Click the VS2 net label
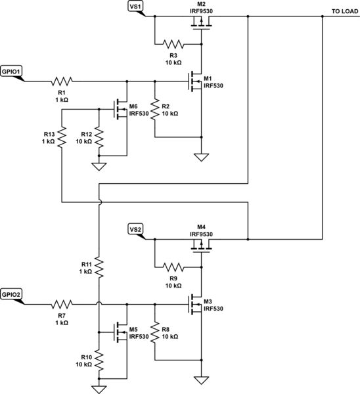(x=135, y=229)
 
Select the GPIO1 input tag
(x=12, y=72)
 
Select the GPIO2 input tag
(x=12, y=294)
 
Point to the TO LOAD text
(x=344, y=12)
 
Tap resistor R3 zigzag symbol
(x=174, y=45)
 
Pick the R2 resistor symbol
(x=154, y=110)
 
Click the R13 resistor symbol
(x=61, y=137)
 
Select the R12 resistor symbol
(x=98, y=137)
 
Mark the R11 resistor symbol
(x=98, y=267)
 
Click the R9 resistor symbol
(x=174, y=267)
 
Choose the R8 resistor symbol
(x=154, y=332)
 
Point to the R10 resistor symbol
(x=98, y=360)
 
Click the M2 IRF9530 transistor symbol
(x=201, y=24)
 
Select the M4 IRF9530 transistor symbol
(x=201, y=246)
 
